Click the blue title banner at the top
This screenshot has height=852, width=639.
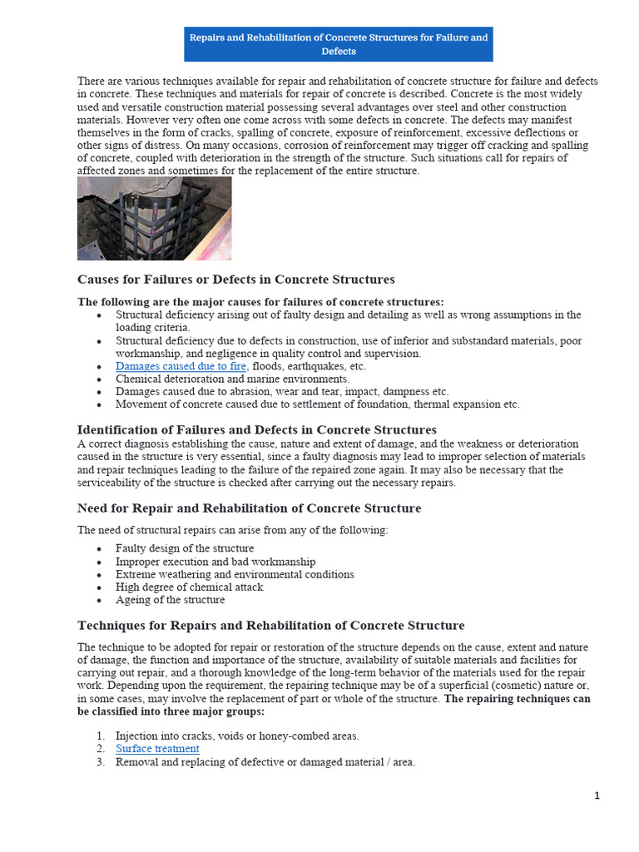pyautogui.click(x=338, y=44)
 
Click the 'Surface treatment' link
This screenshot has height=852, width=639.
pyautogui.click(x=157, y=749)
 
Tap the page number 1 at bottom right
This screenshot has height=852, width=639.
pyautogui.click(x=597, y=795)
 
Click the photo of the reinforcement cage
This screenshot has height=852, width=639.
pyautogui.click(x=154, y=218)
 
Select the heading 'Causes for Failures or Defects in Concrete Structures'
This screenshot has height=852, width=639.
pyautogui.click(x=235, y=280)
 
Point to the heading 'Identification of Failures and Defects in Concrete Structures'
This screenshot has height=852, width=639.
pyautogui.click(x=256, y=430)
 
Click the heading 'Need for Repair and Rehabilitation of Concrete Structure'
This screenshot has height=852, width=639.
pyautogui.click(x=249, y=508)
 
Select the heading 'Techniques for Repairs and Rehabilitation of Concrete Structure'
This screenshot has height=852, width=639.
pyautogui.click(x=270, y=626)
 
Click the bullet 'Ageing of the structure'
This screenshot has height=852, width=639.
pyautogui.click(x=170, y=600)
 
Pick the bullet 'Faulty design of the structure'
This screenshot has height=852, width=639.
pyautogui.click(x=185, y=549)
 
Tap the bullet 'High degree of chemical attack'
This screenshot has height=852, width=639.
pyautogui.click(x=189, y=587)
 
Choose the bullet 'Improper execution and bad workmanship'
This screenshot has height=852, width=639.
pyautogui.click(x=215, y=562)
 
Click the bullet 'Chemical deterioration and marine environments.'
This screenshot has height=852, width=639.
pyautogui.click(x=232, y=379)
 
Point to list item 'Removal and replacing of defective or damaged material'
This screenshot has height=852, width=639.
pyautogui.click(x=265, y=762)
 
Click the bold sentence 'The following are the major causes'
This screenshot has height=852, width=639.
pyautogui.click(x=260, y=302)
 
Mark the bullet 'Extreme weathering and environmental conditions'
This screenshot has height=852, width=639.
pyautogui.click(x=235, y=574)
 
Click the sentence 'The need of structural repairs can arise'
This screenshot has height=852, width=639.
pyautogui.click(x=232, y=530)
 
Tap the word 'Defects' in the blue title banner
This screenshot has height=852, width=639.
pyautogui.click(x=338, y=52)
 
